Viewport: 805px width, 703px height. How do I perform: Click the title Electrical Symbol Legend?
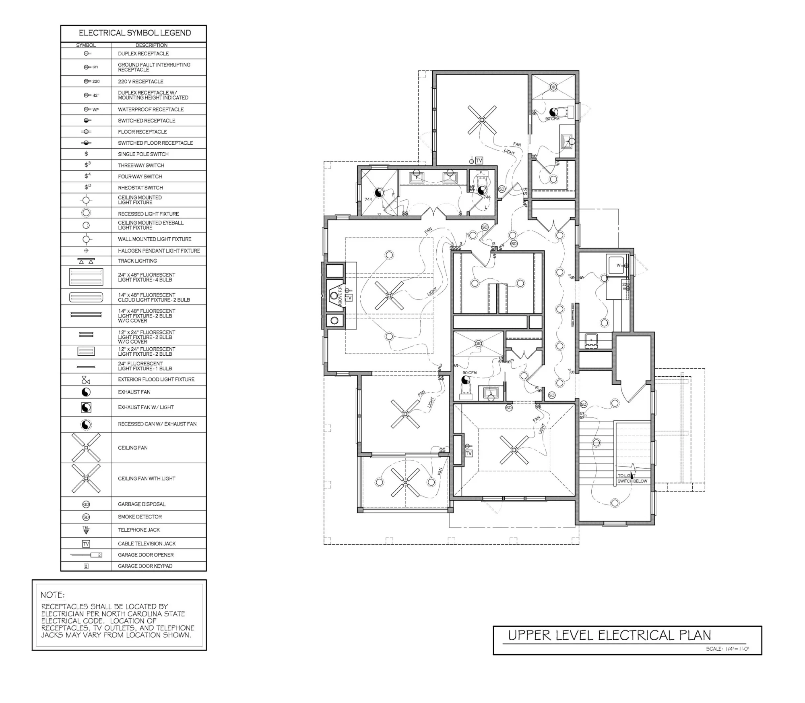click(x=134, y=33)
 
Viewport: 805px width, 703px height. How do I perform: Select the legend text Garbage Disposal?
click(x=141, y=504)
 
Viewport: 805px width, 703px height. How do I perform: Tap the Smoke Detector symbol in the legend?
click(x=86, y=517)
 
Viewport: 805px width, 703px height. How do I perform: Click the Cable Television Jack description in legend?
click(x=147, y=543)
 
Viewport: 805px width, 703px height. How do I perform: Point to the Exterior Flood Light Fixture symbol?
click(x=86, y=379)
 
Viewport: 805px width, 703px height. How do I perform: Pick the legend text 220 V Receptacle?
click(x=140, y=81)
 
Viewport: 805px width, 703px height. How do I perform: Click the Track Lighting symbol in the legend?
click(x=86, y=261)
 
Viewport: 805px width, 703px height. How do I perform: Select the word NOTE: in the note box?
click(x=53, y=595)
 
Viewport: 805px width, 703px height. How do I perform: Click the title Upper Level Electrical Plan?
click(x=609, y=635)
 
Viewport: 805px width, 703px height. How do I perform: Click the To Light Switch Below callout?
click(x=632, y=479)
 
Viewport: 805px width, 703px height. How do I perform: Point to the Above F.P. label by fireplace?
click(x=340, y=296)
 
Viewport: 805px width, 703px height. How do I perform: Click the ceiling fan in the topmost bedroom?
click(x=482, y=120)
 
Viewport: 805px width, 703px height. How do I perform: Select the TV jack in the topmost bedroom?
click(x=479, y=161)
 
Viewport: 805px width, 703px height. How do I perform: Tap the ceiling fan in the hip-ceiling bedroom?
click(x=514, y=450)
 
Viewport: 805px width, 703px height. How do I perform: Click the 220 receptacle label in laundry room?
click(x=626, y=285)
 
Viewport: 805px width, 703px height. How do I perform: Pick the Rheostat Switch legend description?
click(x=140, y=188)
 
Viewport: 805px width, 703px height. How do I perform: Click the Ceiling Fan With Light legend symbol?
click(x=86, y=479)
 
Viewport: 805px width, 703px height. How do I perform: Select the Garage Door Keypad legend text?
click(x=145, y=566)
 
